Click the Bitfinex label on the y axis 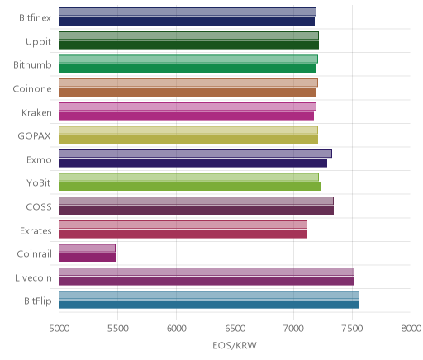point(35,18)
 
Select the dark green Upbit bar point(188,45)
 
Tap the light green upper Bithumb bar point(188,59)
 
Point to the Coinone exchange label point(32,89)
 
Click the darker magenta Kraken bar point(186,116)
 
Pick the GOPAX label point(34,136)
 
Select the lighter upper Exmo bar point(195,154)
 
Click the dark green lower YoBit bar point(189,187)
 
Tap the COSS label point(39,207)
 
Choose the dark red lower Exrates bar point(183,234)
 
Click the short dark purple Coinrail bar point(87,258)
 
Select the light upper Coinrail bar point(87,248)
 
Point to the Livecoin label point(33,278)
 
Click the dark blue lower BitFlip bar point(209,305)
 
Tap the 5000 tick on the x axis point(59,329)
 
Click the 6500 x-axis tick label point(235,329)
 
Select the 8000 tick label point(411,329)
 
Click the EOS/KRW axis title point(235,345)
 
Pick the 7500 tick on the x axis point(352,329)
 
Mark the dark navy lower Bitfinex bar point(187,21)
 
